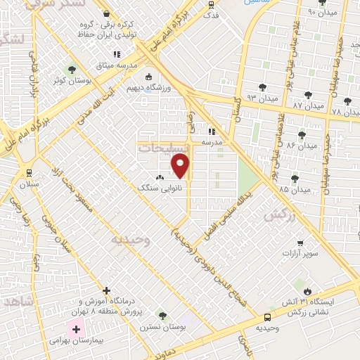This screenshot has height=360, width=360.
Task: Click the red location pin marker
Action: [181, 165]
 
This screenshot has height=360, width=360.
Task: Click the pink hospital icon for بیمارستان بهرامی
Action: [75, 329]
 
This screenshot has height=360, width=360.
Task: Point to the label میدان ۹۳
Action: [243, 97]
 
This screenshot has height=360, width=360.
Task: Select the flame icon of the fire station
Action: [307, 290]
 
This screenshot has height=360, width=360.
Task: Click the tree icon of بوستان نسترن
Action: [162, 316]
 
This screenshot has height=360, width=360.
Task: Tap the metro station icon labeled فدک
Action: [212, 4]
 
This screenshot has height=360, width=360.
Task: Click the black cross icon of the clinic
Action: [107, 290]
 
